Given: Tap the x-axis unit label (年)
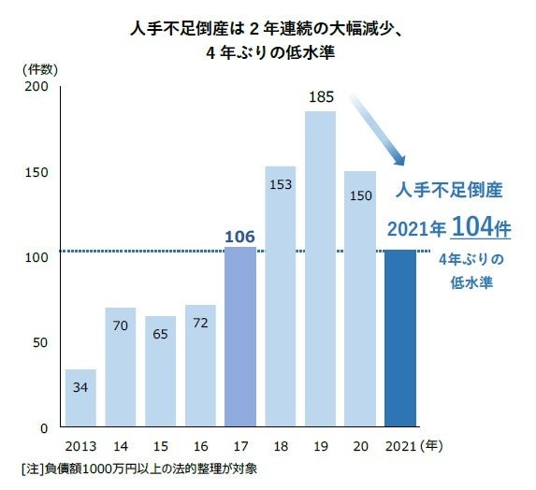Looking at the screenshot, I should pyautogui.click(x=436, y=447).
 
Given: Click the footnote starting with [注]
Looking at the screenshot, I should pyautogui.click(x=142, y=468).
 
